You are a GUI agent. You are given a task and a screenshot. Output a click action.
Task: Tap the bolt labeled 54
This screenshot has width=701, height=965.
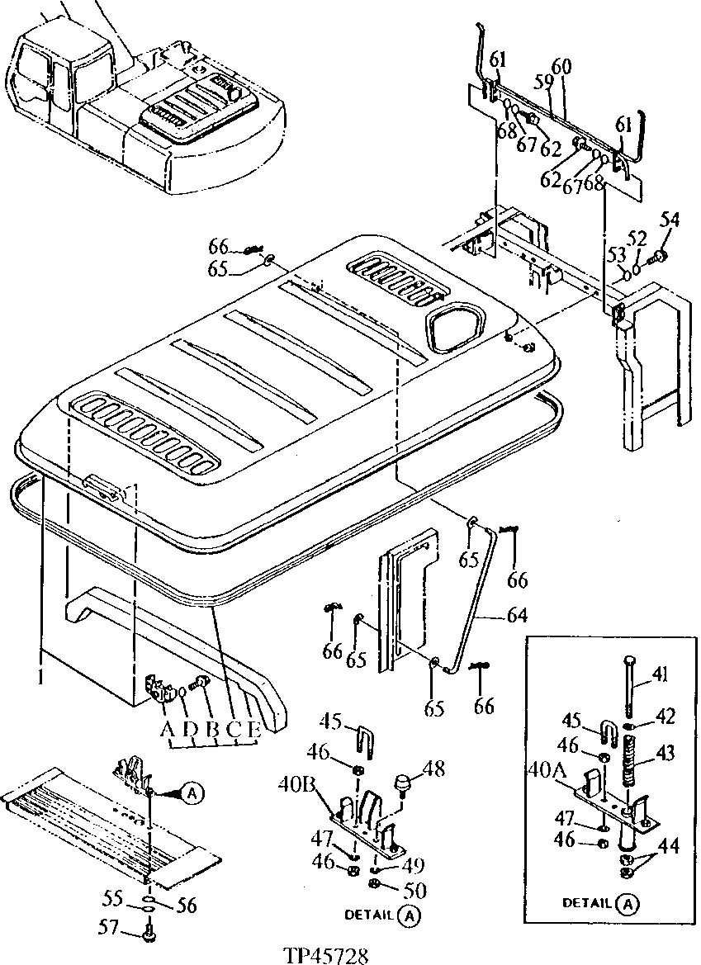pos(670,220)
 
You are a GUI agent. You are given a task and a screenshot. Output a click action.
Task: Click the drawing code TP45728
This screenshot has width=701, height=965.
pos(325,954)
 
